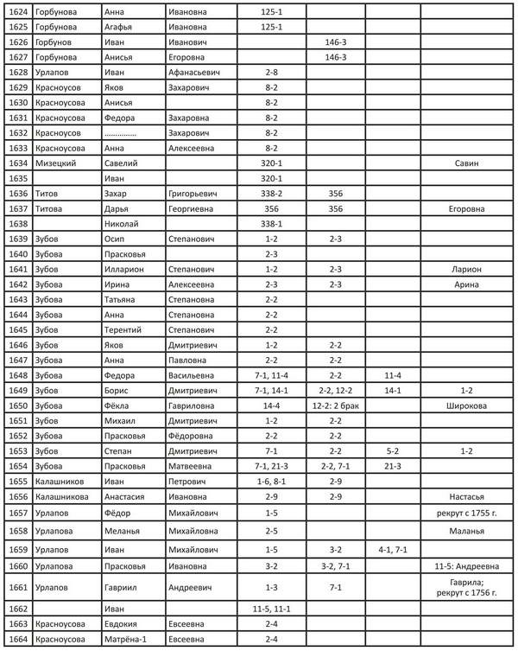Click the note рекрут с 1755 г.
(465, 513)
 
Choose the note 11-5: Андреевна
(465, 566)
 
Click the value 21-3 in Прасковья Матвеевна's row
(393, 466)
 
